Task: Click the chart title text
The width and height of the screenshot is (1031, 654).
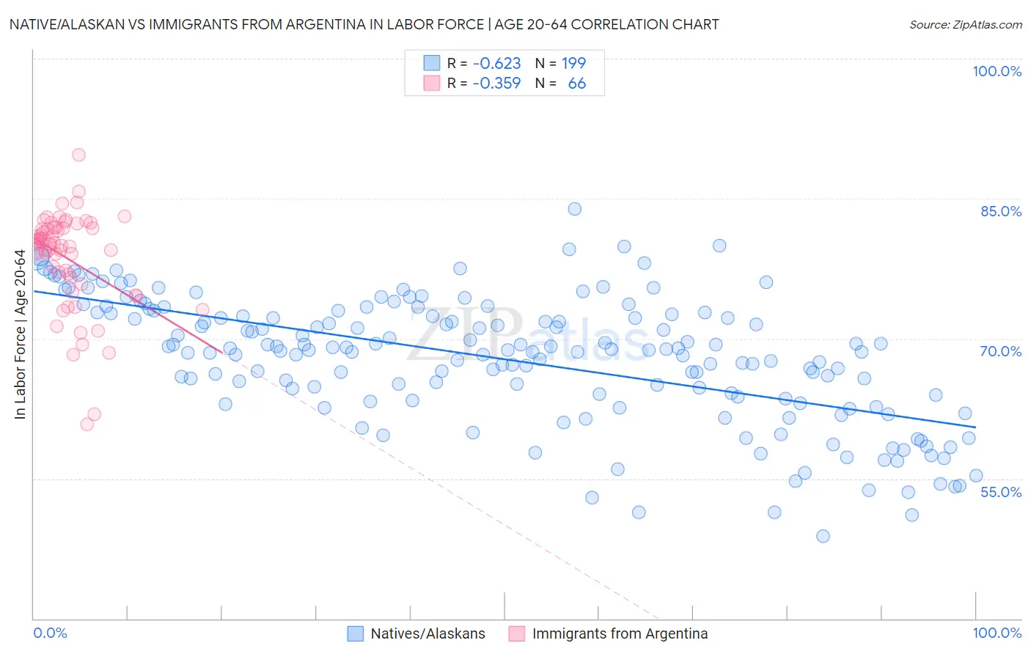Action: click(364, 24)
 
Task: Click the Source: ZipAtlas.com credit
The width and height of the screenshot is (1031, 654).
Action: click(965, 24)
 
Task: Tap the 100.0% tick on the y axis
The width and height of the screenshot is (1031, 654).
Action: click(997, 71)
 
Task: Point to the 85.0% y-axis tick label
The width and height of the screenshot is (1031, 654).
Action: click(1000, 211)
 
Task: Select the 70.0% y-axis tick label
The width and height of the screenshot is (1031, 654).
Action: click(1000, 351)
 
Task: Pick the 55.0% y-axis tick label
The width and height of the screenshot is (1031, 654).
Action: click(1000, 492)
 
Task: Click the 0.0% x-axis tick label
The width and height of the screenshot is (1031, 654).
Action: click(51, 633)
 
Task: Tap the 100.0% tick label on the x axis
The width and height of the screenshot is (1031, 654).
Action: click(997, 633)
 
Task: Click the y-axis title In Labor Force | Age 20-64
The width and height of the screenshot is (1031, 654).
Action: click(21, 334)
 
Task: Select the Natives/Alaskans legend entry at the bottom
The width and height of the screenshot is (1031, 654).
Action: click(428, 633)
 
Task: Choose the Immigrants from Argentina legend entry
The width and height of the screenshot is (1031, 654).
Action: click(620, 633)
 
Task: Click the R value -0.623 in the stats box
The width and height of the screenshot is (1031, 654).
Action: click(496, 64)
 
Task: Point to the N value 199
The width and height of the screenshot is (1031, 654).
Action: click(573, 64)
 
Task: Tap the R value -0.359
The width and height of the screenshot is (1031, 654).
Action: click(496, 84)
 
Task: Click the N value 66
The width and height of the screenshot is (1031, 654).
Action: click(576, 84)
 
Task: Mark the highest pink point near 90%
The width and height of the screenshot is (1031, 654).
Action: click(78, 155)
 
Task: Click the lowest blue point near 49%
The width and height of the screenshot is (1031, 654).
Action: click(823, 536)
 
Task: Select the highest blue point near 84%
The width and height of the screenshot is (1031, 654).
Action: click(575, 209)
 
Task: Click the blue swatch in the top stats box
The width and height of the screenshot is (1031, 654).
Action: click(432, 64)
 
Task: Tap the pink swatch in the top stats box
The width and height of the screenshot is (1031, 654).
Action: click(432, 84)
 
